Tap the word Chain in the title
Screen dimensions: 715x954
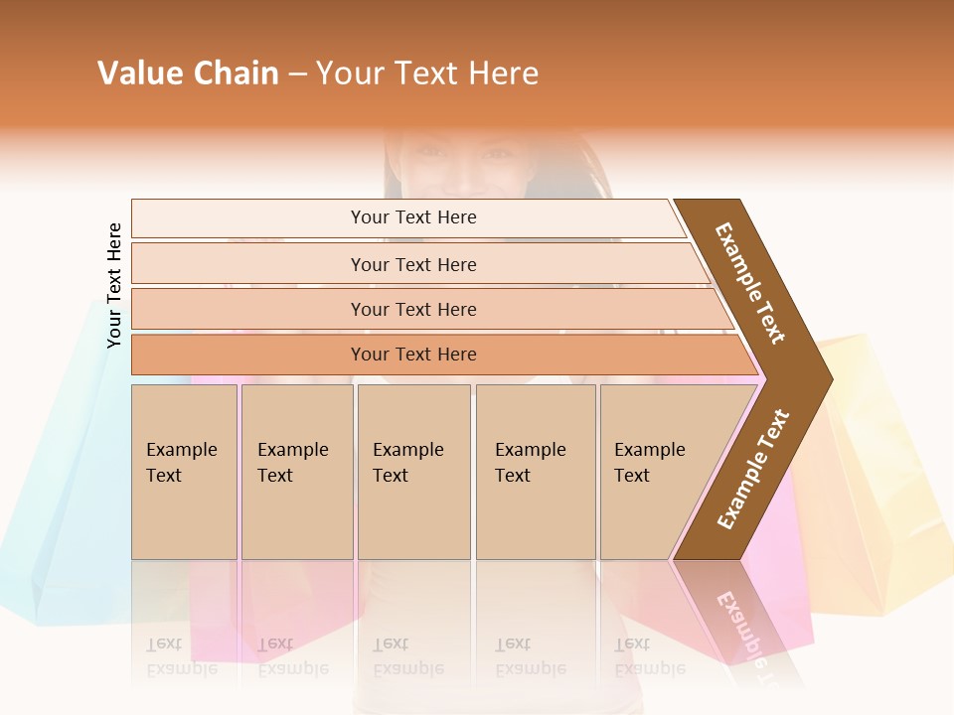pos(237,73)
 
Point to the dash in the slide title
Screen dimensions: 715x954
pos(297,74)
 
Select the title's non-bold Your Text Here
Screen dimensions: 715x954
pos(427,73)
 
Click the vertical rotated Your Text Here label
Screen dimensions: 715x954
pos(114,286)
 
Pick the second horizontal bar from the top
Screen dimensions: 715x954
pos(413,264)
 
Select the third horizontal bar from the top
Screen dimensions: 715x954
pos(413,309)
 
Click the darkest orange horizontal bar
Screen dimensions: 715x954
pos(413,355)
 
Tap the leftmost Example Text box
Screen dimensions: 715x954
pos(184,471)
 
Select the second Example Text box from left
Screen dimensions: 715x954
pos(296,471)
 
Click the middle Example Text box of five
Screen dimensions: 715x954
pos(413,471)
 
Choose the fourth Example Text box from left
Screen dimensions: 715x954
pos(535,471)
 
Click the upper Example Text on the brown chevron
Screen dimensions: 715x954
pos(750,283)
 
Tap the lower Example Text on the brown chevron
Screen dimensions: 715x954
pos(752,470)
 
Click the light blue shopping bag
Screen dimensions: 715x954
pos(60,497)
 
